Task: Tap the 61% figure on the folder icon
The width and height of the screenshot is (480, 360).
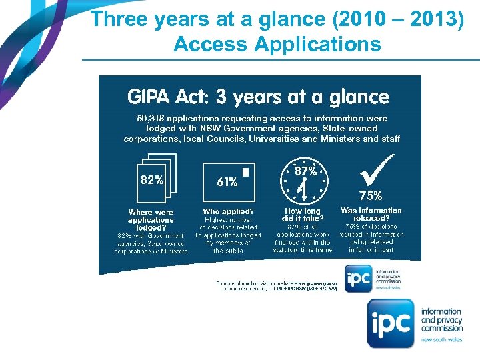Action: (x=227, y=182)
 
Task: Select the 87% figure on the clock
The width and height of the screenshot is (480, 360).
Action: (x=306, y=171)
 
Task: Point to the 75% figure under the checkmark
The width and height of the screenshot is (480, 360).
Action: (x=371, y=196)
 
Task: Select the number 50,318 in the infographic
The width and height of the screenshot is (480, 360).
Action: (x=153, y=119)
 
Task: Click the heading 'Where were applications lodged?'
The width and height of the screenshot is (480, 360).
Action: (x=151, y=220)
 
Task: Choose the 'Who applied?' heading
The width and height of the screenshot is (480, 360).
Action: (x=228, y=212)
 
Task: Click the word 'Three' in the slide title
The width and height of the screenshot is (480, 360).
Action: (x=119, y=19)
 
